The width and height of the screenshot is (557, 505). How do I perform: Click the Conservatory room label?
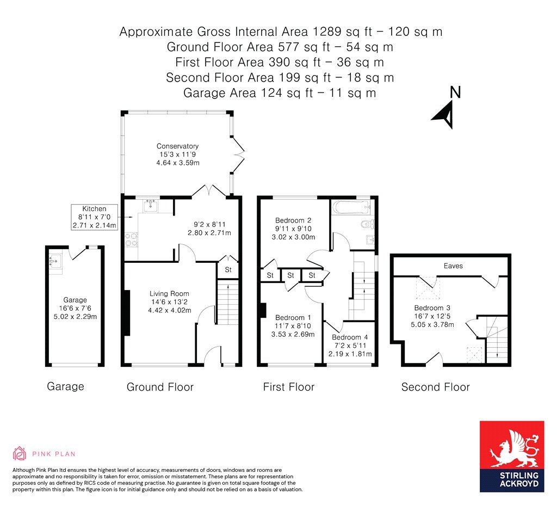point(177,146)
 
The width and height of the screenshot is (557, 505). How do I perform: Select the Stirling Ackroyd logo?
point(511,456)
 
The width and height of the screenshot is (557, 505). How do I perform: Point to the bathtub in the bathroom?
point(351,207)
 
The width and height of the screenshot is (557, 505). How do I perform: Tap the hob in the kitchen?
point(131,240)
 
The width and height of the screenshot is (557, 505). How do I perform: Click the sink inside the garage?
point(55,261)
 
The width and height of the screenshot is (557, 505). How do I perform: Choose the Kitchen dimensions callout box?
point(95,217)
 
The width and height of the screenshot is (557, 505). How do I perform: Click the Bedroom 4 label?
point(350,337)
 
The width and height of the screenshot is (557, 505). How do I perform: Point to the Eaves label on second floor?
point(453,266)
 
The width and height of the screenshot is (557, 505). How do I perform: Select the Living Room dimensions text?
point(169,303)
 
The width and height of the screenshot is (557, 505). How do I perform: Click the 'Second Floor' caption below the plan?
point(435,387)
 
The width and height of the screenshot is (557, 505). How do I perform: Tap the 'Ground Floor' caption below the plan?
point(160,387)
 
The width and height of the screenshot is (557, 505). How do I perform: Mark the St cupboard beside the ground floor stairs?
point(228,269)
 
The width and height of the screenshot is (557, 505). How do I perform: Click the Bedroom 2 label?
point(293,220)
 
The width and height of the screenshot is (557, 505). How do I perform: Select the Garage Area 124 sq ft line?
point(280,93)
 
